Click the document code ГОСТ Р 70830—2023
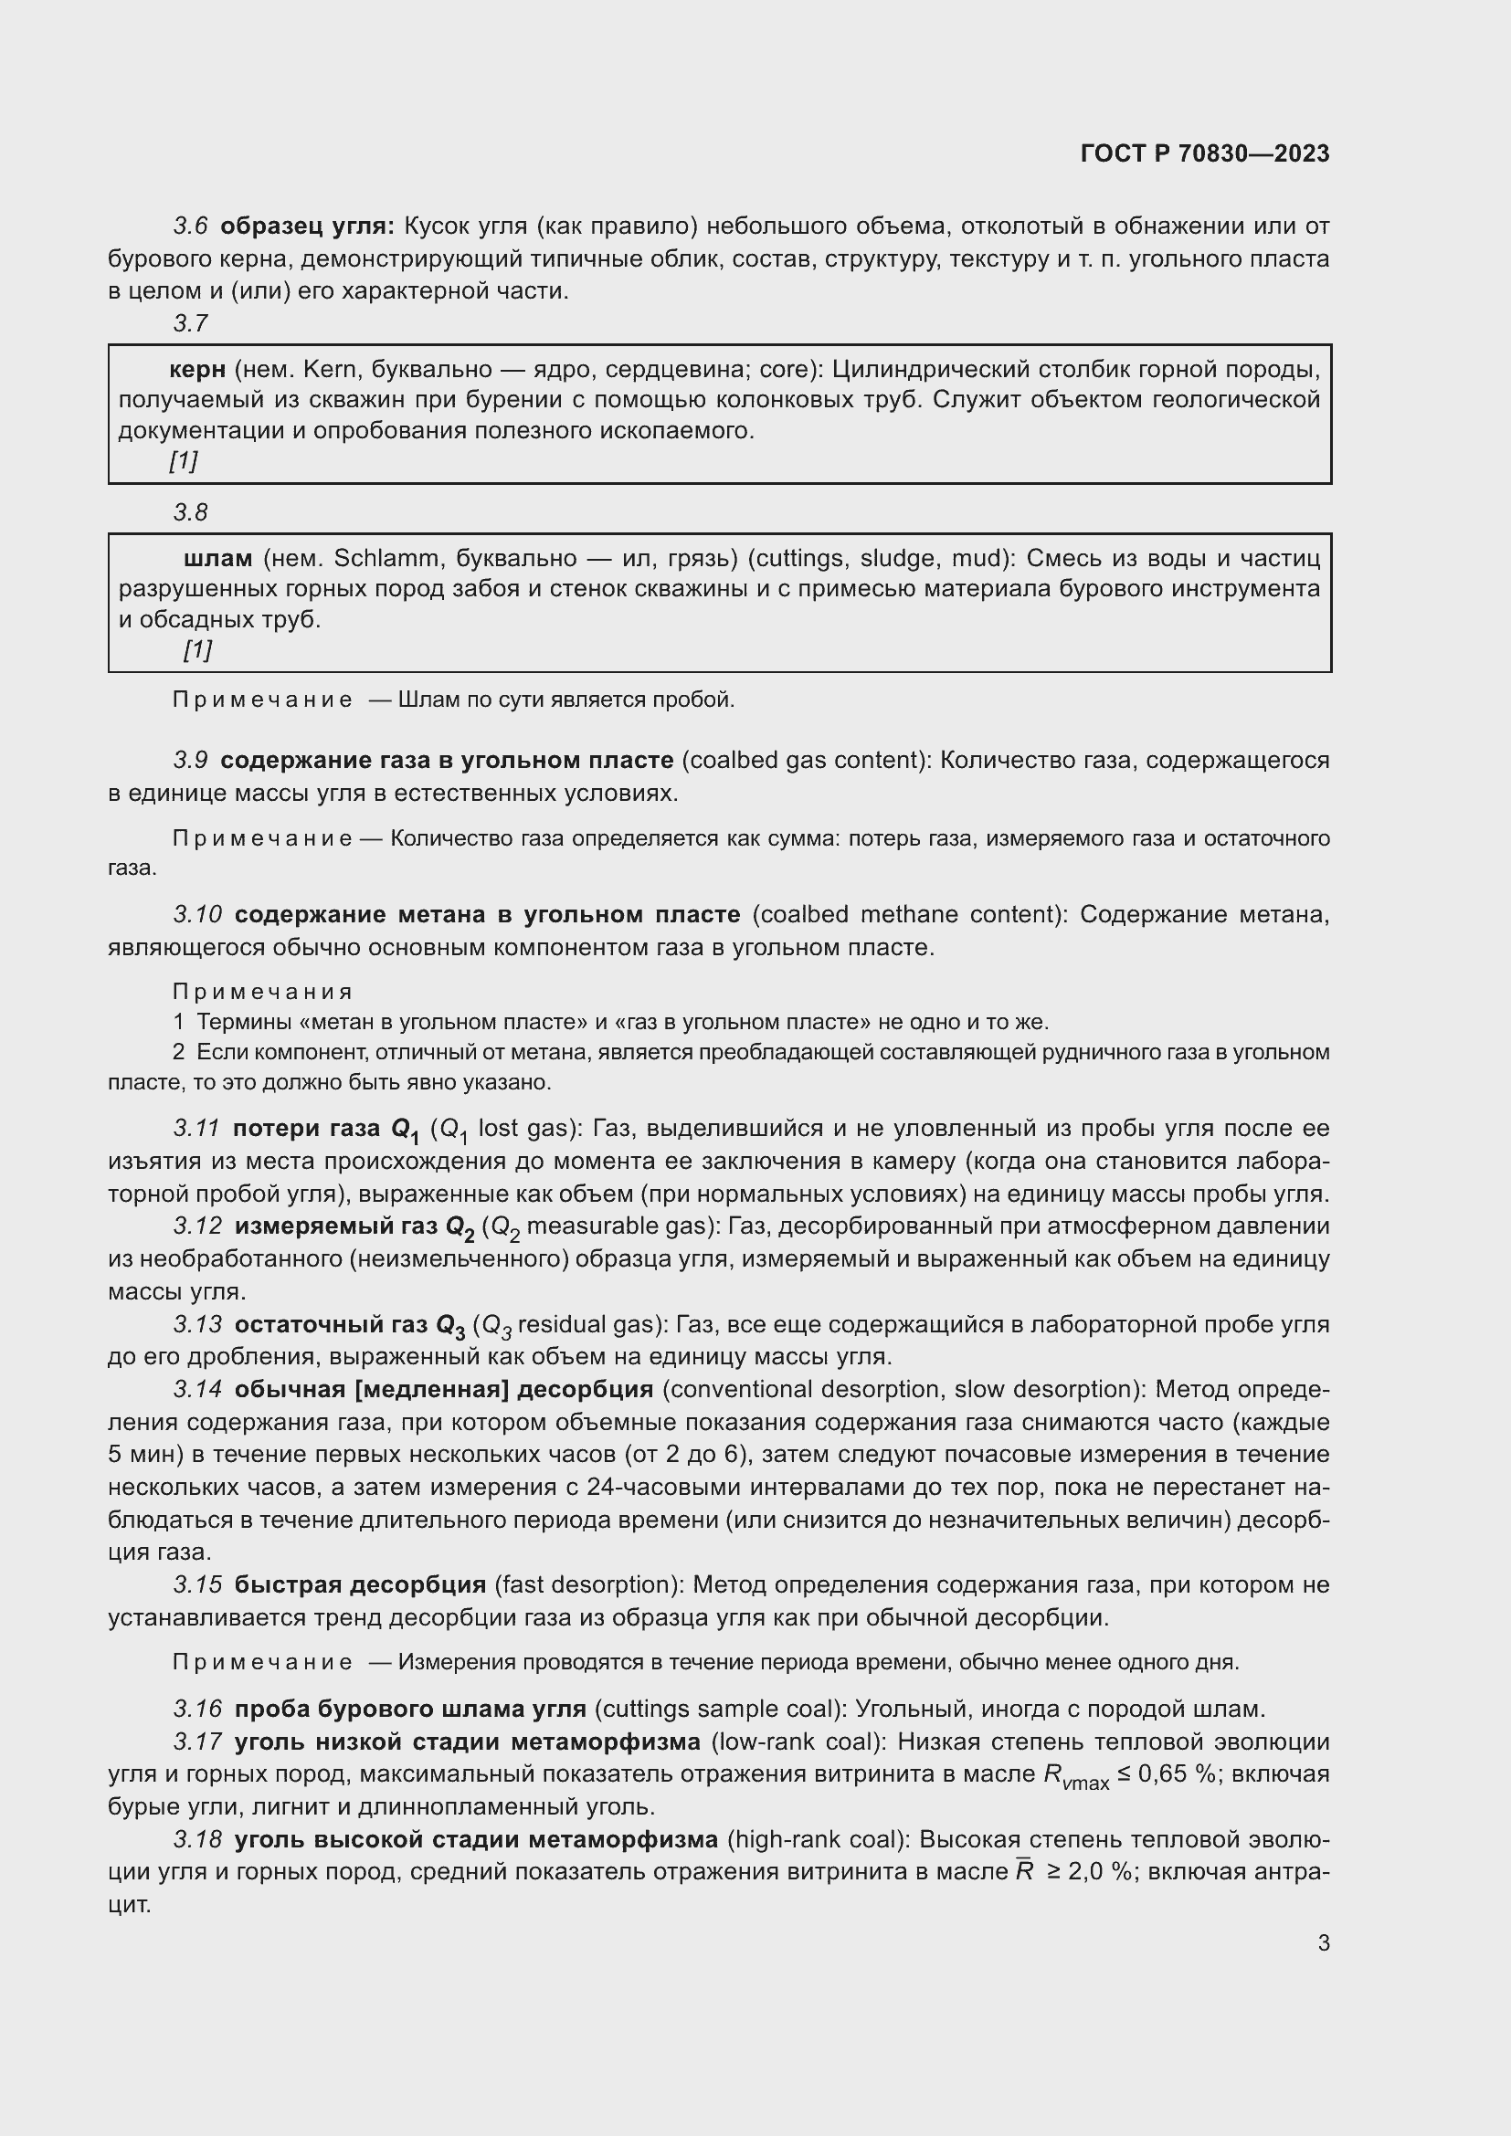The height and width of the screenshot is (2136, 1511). coord(1205,153)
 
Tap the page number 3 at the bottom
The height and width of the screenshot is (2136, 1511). coord(1323,1943)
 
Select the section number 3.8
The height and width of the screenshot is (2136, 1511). coord(191,511)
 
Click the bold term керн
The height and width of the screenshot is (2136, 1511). coord(197,369)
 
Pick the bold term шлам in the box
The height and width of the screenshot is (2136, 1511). coord(217,558)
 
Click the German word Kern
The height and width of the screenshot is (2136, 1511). coord(331,369)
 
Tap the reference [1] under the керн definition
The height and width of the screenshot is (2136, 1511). coord(184,459)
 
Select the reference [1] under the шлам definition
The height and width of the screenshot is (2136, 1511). coord(197,648)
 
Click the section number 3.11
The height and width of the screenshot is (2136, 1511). coord(196,1129)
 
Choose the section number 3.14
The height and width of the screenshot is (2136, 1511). coord(197,1389)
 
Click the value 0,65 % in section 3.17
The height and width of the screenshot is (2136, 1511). coord(1177,1773)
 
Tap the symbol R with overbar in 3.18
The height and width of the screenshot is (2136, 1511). coord(1024,1871)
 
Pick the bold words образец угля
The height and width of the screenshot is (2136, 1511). coord(307,226)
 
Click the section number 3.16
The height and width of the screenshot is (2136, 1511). coord(197,1708)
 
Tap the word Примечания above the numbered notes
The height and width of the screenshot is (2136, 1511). coord(262,992)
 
